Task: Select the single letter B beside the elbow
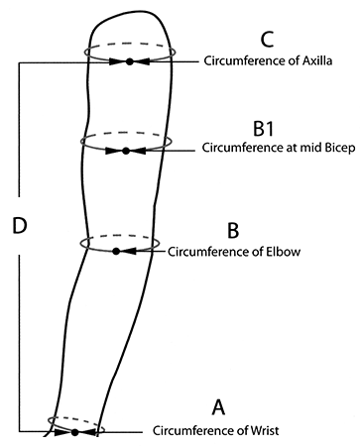[233, 230]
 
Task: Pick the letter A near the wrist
[219, 406]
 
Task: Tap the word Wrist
[262, 430]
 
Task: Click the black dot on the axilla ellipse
[129, 61]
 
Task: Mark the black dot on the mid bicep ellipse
[125, 151]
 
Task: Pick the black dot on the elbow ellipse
[116, 252]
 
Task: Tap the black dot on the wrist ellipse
[75, 432]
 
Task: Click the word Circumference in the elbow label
[205, 252]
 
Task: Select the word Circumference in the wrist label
[189, 430]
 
